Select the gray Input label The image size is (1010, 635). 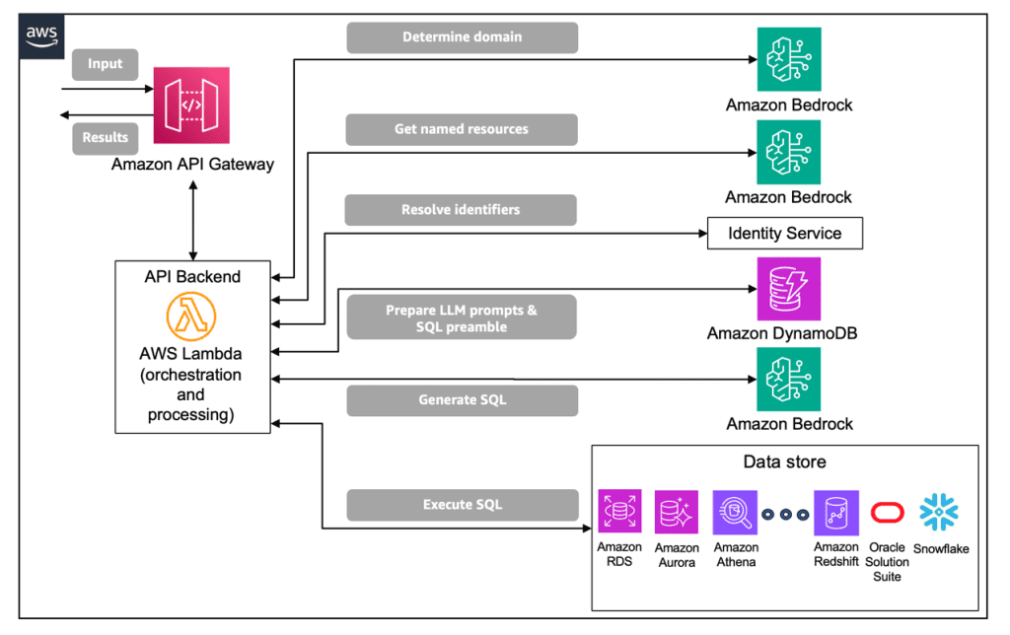point(106,65)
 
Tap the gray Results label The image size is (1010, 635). point(106,138)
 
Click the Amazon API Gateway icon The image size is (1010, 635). point(191,105)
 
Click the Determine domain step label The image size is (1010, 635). point(462,37)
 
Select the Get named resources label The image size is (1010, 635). point(462,129)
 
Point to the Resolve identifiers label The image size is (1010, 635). point(461,210)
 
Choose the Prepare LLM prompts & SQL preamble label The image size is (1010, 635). point(462,318)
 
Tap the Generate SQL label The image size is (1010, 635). point(462,400)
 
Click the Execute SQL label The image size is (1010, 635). point(462,505)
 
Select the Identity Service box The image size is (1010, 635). point(785,234)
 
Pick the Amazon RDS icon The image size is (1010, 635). point(619,512)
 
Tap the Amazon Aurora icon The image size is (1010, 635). point(677,513)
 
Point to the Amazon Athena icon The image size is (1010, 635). point(736,513)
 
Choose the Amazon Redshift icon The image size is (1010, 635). point(835,513)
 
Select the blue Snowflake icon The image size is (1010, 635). point(939,513)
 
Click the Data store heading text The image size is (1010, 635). point(784,462)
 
